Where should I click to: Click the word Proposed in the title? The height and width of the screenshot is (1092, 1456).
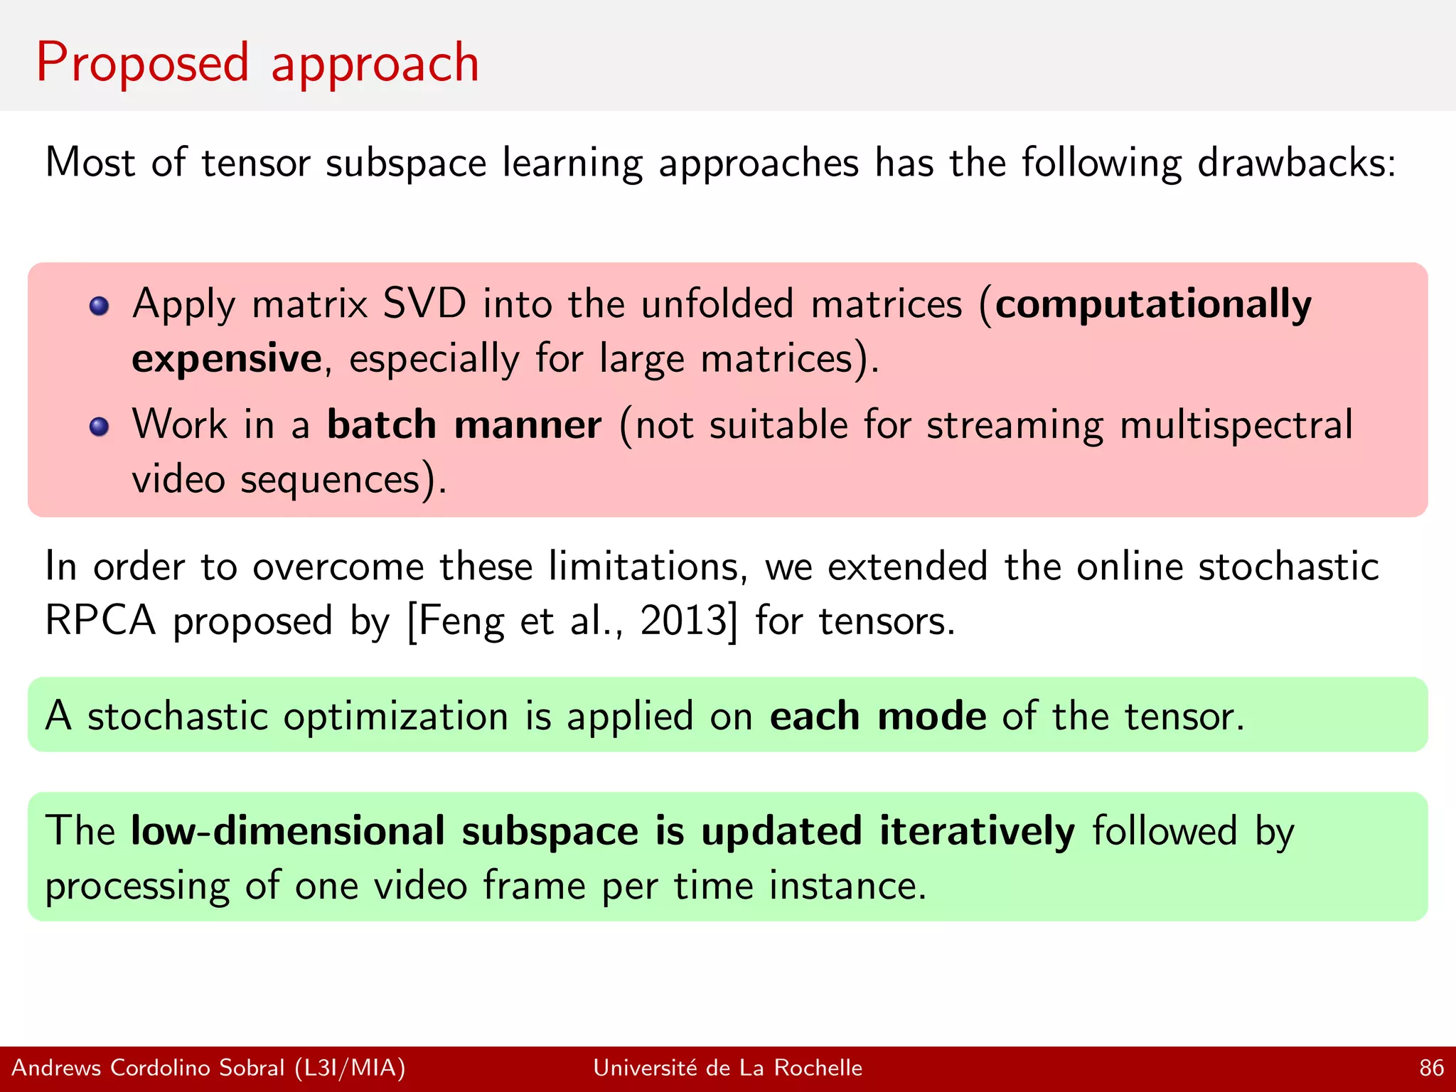coord(142,64)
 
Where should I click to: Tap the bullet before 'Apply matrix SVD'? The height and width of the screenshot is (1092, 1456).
coord(99,306)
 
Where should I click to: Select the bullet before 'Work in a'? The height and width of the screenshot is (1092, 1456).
coord(99,427)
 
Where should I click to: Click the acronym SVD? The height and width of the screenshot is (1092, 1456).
coord(424,304)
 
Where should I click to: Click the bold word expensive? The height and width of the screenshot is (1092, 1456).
coord(227,358)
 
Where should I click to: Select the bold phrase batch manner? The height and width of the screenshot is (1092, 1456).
coord(464,425)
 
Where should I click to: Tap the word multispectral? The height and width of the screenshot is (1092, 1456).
coord(1236,425)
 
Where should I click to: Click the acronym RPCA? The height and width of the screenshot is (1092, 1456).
coord(100,620)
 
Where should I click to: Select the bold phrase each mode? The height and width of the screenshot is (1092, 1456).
coord(878,716)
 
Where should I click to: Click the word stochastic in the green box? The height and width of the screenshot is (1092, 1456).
coord(178,716)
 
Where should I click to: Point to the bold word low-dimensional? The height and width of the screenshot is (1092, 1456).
coord(288,831)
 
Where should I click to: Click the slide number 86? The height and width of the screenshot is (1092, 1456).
coord(1431,1068)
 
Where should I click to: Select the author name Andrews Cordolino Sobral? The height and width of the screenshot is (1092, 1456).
coord(148,1068)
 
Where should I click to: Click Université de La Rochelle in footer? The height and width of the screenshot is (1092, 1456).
coord(727,1068)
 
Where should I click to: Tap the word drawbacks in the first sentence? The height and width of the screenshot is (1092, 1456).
coord(1296,163)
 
